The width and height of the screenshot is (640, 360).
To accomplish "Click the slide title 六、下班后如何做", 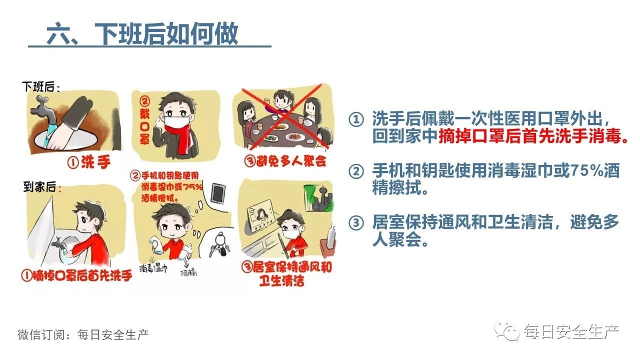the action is (142, 33).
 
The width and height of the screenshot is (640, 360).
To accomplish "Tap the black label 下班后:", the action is (41, 87).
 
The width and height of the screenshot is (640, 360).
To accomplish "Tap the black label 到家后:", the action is (42, 187).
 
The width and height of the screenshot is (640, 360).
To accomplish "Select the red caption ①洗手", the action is (89, 162).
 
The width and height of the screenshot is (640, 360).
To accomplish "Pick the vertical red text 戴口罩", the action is (144, 120).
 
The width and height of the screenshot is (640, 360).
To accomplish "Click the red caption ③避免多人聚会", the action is (285, 161).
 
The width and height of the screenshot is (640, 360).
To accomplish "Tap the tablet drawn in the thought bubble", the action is (217, 193).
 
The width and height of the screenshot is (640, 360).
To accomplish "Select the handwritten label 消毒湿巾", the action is (153, 268).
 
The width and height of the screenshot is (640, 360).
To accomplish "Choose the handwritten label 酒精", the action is (188, 273).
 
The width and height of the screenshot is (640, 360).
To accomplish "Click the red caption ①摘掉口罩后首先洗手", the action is (76, 275).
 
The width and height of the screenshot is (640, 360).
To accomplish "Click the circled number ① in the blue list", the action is (356, 119).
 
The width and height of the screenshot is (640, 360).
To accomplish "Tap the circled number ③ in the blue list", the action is (356, 222).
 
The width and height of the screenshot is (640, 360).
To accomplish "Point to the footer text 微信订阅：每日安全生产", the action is (83, 334).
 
